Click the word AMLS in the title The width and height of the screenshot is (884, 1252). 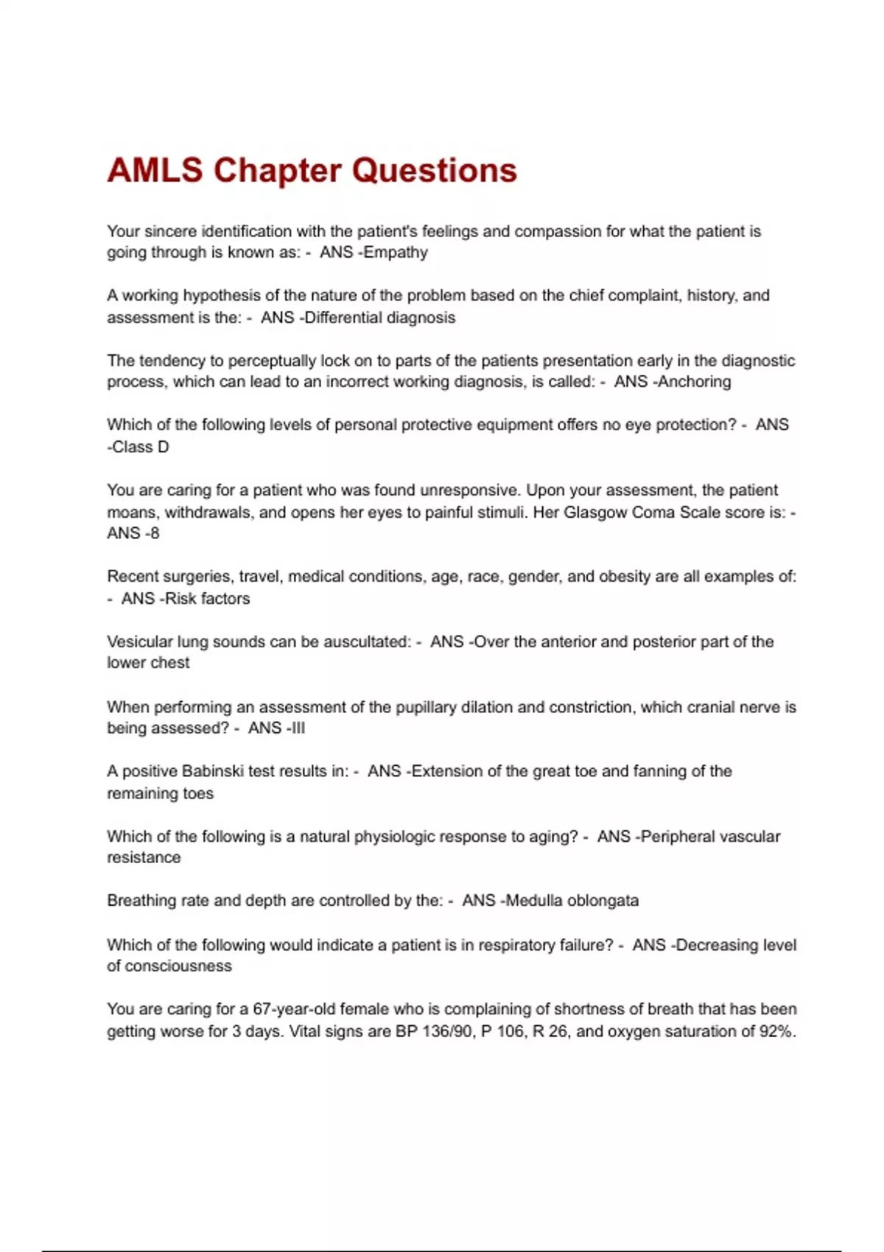[x=155, y=170]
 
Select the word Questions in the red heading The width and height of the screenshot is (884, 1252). [x=434, y=170]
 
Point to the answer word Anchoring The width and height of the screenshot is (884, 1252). [x=695, y=381]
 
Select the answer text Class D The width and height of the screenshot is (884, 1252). [x=140, y=447]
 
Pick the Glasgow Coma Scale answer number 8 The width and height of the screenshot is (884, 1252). [x=154, y=533]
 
